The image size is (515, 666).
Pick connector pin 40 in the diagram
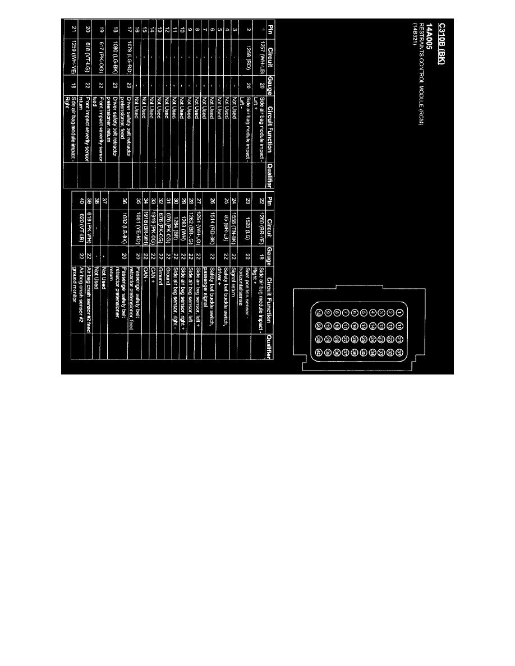(319, 352)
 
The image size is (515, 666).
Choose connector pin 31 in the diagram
(398, 352)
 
